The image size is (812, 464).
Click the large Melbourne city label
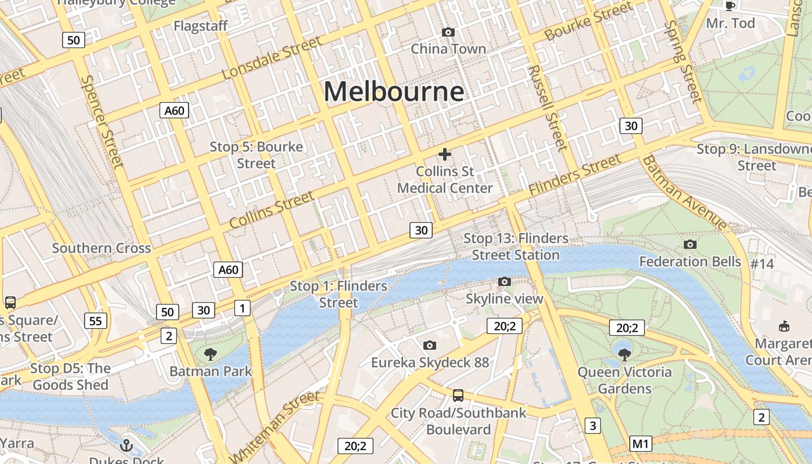[x=394, y=92]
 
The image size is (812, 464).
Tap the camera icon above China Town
[x=448, y=32]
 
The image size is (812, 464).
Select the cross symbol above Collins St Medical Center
[x=445, y=154]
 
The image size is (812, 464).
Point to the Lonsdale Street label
[x=271, y=58]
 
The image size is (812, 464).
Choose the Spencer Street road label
[x=102, y=122]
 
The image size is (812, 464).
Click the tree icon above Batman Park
[x=211, y=354]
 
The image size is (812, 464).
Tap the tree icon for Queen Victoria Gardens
[x=624, y=354]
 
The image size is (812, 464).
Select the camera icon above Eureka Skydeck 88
[x=430, y=346]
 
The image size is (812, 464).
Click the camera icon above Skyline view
[x=505, y=282]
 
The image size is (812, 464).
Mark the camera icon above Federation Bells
[x=690, y=245]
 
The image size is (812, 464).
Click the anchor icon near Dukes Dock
[x=126, y=445]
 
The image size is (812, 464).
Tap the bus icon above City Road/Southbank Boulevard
[x=458, y=396]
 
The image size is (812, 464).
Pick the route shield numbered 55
[x=96, y=320]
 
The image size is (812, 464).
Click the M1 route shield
[x=640, y=444]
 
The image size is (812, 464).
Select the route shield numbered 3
[x=592, y=426]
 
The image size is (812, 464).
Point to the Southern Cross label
[x=101, y=248]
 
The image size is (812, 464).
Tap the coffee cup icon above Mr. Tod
[x=730, y=6]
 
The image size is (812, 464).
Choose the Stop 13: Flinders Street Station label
[x=516, y=246]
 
